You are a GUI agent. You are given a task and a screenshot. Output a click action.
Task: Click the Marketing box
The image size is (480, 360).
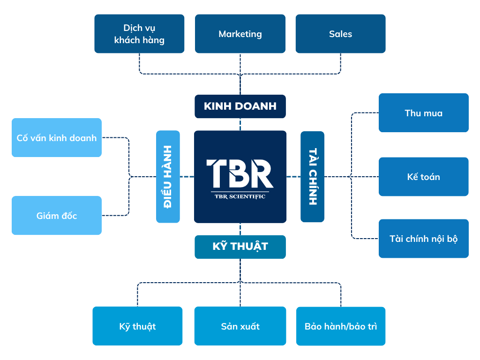click(x=240, y=34)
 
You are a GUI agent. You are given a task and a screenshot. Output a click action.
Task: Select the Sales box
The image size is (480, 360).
click(x=340, y=34)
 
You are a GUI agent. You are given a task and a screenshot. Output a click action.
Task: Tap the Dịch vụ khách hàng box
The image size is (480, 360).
click(x=139, y=34)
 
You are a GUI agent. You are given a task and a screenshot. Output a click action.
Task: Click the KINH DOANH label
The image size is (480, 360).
click(x=240, y=106)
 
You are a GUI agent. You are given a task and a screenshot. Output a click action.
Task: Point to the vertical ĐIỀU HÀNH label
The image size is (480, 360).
click(x=168, y=176)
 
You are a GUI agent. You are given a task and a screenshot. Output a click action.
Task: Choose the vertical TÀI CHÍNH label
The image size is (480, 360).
click(x=312, y=176)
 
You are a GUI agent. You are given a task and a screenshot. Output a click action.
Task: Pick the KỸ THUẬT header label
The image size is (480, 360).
click(x=240, y=247)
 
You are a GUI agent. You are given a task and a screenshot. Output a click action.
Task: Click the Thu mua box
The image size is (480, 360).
click(x=423, y=113)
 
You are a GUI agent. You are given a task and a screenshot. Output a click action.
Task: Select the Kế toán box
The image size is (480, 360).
click(x=423, y=177)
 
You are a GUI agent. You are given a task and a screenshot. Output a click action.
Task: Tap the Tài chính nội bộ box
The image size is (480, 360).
click(x=423, y=239)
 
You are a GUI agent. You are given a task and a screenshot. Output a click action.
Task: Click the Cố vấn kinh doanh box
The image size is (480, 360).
click(x=56, y=138)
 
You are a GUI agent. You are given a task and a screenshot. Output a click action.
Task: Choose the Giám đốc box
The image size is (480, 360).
click(x=56, y=216)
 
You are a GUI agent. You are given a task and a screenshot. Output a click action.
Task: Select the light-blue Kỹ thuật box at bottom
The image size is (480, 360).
click(x=137, y=326)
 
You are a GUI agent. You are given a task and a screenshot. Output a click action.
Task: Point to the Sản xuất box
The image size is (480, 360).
click(x=240, y=326)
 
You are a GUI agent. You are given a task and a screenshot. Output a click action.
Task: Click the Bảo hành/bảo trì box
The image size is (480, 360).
click(x=340, y=326)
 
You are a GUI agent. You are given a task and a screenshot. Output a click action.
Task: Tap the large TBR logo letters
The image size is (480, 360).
click(x=240, y=173)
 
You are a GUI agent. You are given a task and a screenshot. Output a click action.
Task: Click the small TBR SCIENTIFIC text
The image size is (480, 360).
click(x=240, y=196)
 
